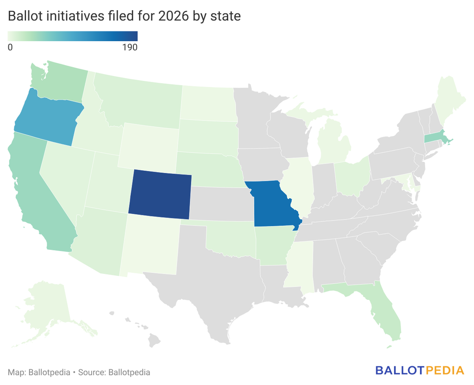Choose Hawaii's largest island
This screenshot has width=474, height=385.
pyautogui.click(x=154, y=340)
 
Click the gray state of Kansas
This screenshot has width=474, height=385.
pyautogui.click(x=222, y=203)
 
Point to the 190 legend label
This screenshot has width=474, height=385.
pyautogui.click(x=130, y=48)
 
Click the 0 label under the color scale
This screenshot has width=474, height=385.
pyautogui.click(x=10, y=48)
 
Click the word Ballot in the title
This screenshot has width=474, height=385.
pyautogui.click(x=25, y=16)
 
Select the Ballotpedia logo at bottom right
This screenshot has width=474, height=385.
pyautogui.click(x=419, y=370)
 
